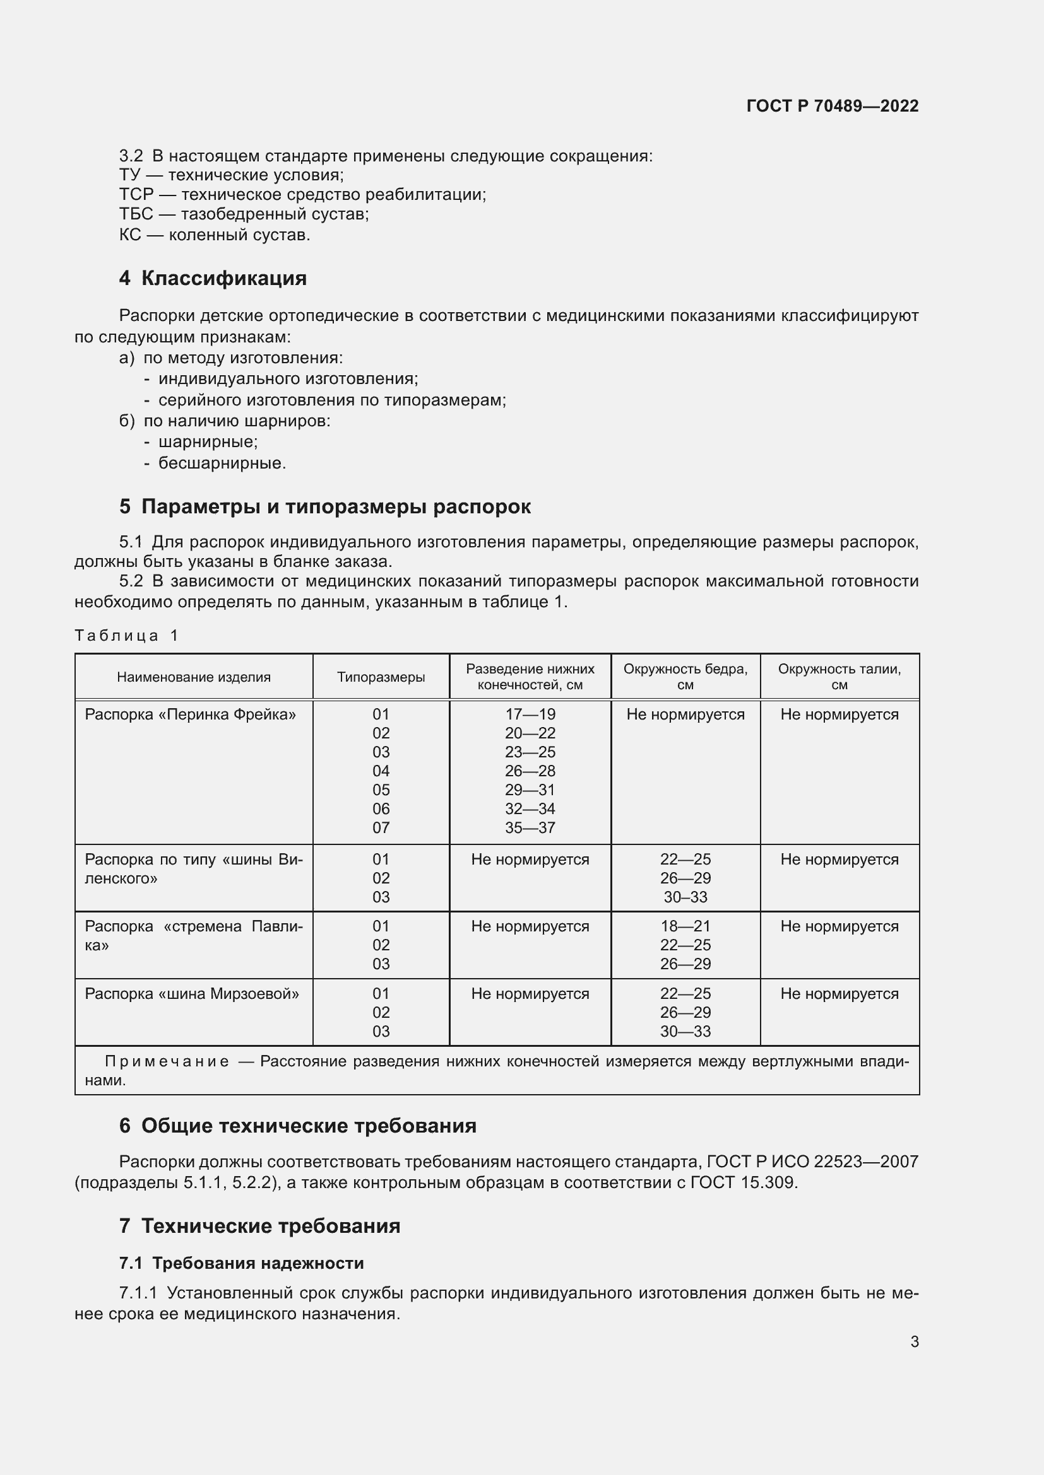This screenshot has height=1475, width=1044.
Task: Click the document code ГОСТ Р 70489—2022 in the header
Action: pos(832,106)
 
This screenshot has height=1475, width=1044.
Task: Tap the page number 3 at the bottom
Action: pos(914,1341)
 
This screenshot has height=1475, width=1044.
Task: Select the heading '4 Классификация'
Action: pos(213,278)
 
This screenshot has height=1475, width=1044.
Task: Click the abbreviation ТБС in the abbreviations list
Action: pos(136,214)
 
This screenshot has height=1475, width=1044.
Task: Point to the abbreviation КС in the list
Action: pos(130,235)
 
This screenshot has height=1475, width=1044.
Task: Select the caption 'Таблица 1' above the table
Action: pos(126,636)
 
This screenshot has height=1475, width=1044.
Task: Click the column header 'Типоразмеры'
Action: pos(381,677)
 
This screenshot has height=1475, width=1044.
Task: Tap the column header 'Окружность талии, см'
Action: pos(839,677)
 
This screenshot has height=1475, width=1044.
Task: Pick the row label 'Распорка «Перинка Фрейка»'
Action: pos(190,714)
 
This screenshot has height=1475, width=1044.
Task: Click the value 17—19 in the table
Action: pos(530,714)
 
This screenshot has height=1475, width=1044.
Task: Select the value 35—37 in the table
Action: pos(530,827)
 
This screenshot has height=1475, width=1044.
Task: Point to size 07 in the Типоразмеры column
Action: pos(381,827)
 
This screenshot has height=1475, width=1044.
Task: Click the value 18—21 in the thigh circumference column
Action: pos(685,926)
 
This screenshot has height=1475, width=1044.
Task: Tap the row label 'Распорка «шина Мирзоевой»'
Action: pos(192,993)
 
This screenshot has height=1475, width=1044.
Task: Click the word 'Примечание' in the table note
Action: pos(167,1061)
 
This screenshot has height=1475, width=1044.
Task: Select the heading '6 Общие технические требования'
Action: pos(298,1126)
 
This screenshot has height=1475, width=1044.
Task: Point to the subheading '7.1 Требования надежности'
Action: pos(242,1263)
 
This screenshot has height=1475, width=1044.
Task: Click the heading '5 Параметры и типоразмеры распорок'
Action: pos(324,506)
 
